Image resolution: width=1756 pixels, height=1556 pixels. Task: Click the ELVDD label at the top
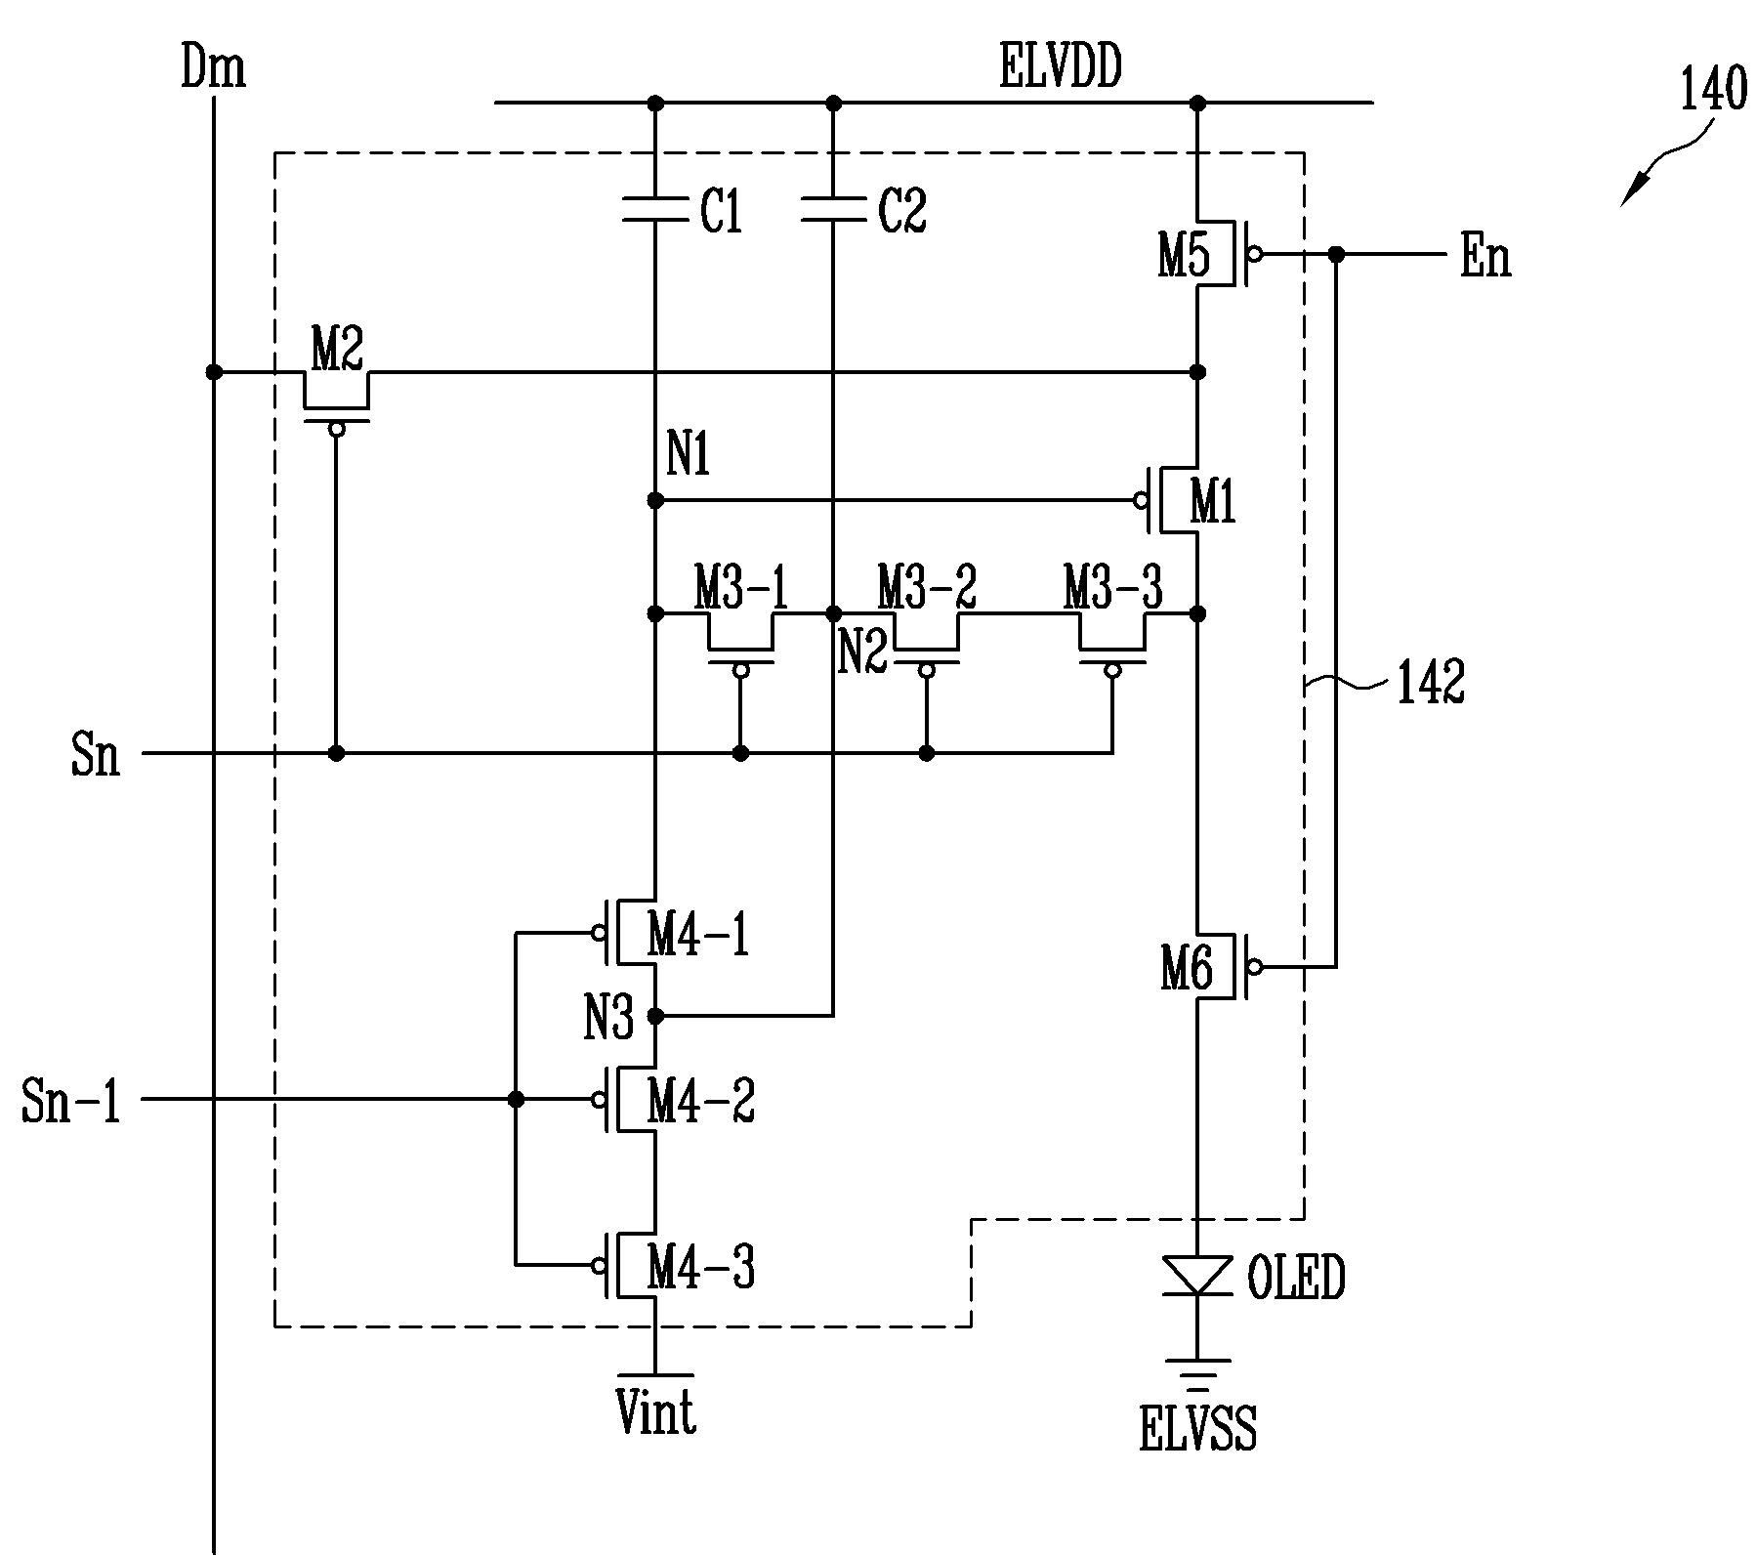[x=1061, y=67]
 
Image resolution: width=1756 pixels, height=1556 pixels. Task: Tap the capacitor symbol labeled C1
[x=655, y=208]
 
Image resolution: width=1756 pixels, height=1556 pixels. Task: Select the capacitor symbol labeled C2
[x=833, y=208]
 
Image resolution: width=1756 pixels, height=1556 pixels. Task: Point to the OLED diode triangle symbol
[x=1198, y=1277]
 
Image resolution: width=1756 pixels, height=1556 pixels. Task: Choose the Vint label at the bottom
[x=656, y=1412]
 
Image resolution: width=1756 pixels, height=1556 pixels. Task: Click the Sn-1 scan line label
[x=71, y=1102]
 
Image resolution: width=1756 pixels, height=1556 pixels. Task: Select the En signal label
[x=1485, y=257]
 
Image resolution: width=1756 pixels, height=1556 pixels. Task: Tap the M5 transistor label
[x=1184, y=257]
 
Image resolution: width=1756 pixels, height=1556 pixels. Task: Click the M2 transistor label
[x=337, y=349]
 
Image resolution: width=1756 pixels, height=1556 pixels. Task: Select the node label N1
[x=688, y=454]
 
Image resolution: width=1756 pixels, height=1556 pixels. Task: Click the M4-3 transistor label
[x=701, y=1268]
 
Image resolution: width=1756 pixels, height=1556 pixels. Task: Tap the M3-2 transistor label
[x=927, y=588]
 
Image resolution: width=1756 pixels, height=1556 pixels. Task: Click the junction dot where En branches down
[x=1336, y=254]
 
